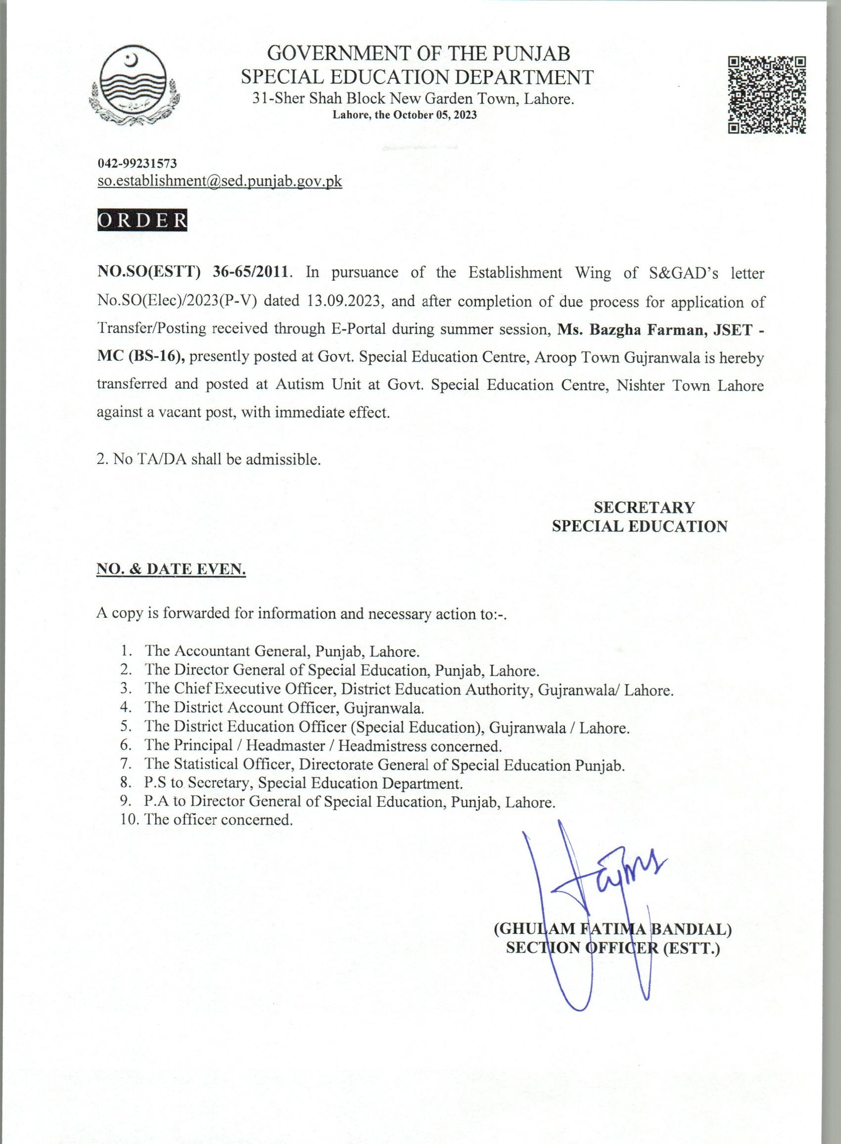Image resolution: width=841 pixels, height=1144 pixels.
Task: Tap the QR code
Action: point(767,94)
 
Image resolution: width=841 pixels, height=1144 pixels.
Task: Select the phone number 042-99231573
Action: point(137,163)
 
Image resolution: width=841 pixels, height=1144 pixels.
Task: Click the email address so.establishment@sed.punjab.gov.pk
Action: point(220,182)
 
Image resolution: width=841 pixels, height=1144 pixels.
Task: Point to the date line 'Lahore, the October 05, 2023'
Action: point(405,115)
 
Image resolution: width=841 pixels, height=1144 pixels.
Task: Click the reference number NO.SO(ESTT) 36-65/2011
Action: point(193,272)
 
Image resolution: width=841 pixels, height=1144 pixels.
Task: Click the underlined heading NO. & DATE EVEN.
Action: point(171,570)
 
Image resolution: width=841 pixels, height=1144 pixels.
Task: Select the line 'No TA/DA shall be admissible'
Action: point(209,459)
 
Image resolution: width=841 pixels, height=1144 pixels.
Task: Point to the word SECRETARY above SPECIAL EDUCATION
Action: point(644,507)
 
